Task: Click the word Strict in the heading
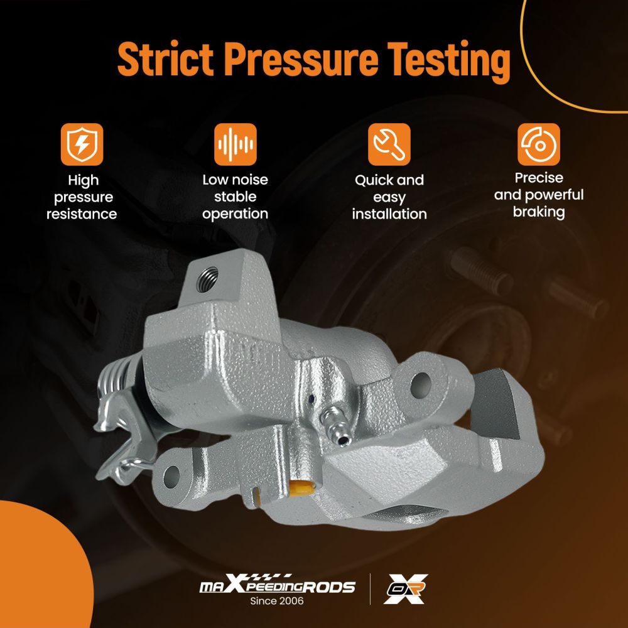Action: pos(165,58)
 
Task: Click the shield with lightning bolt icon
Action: pos(82,144)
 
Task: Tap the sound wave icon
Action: pos(235,144)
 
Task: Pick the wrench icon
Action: pos(389,144)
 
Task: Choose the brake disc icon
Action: pos(539,144)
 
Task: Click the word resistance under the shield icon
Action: pos(82,214)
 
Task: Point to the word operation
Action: pos(235,214)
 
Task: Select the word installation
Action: pos(389,214)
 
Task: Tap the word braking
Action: pos(539,212)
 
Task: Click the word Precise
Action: pos(539,178)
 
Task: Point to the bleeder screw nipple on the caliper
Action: pos(335,426)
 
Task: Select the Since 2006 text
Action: pos(277,601)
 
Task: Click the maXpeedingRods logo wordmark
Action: pos(277,585)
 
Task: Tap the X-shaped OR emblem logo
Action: pos(405,589)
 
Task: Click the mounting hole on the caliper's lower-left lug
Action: pos(171,476)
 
